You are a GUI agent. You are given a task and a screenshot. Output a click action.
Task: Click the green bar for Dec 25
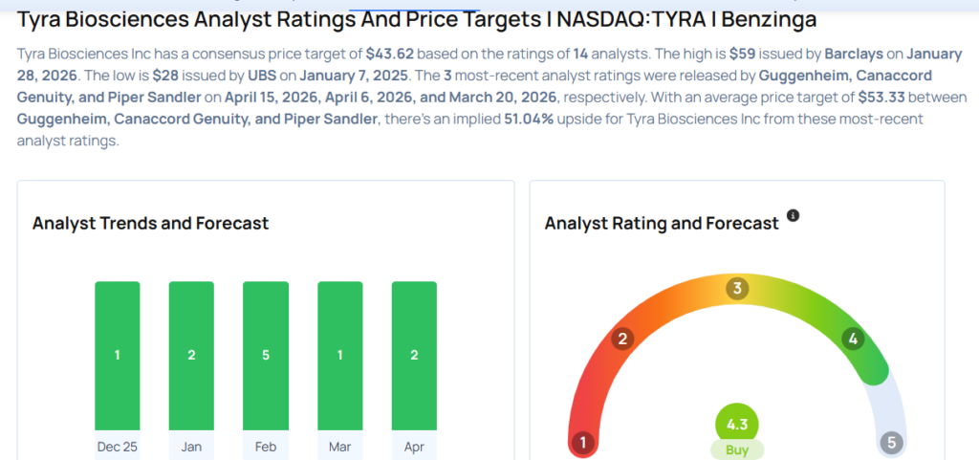tap(117, 355)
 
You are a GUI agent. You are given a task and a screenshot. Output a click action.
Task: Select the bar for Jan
tap(191, 355)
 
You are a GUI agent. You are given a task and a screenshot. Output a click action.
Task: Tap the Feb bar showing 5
tap(266, 355)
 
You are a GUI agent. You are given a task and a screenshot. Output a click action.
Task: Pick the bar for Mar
tap(340, 355)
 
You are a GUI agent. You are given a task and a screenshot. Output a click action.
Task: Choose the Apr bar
tap(414, 355)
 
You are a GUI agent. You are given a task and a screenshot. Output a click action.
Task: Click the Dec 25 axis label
tap(117, 446)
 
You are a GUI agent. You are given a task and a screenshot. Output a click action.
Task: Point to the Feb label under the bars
tap(266, 446)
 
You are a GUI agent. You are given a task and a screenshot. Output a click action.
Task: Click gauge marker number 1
tap(581, 443)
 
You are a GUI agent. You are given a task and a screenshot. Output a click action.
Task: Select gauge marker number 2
tap(622, 338)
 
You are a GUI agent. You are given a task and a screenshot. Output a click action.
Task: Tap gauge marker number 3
tap(736, 289)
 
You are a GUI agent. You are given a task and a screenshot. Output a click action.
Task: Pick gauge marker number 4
tap(852, 338)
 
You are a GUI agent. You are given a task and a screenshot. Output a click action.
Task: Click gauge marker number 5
tap(891, 443)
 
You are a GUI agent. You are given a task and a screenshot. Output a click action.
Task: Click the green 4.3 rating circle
tap(737, 423)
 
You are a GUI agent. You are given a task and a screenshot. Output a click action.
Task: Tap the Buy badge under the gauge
tap(737, 449)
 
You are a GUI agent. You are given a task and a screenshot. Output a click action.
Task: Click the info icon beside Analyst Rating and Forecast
tap(793, 216)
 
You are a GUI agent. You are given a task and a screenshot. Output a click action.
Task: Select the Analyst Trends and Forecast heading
tap(150, 224)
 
